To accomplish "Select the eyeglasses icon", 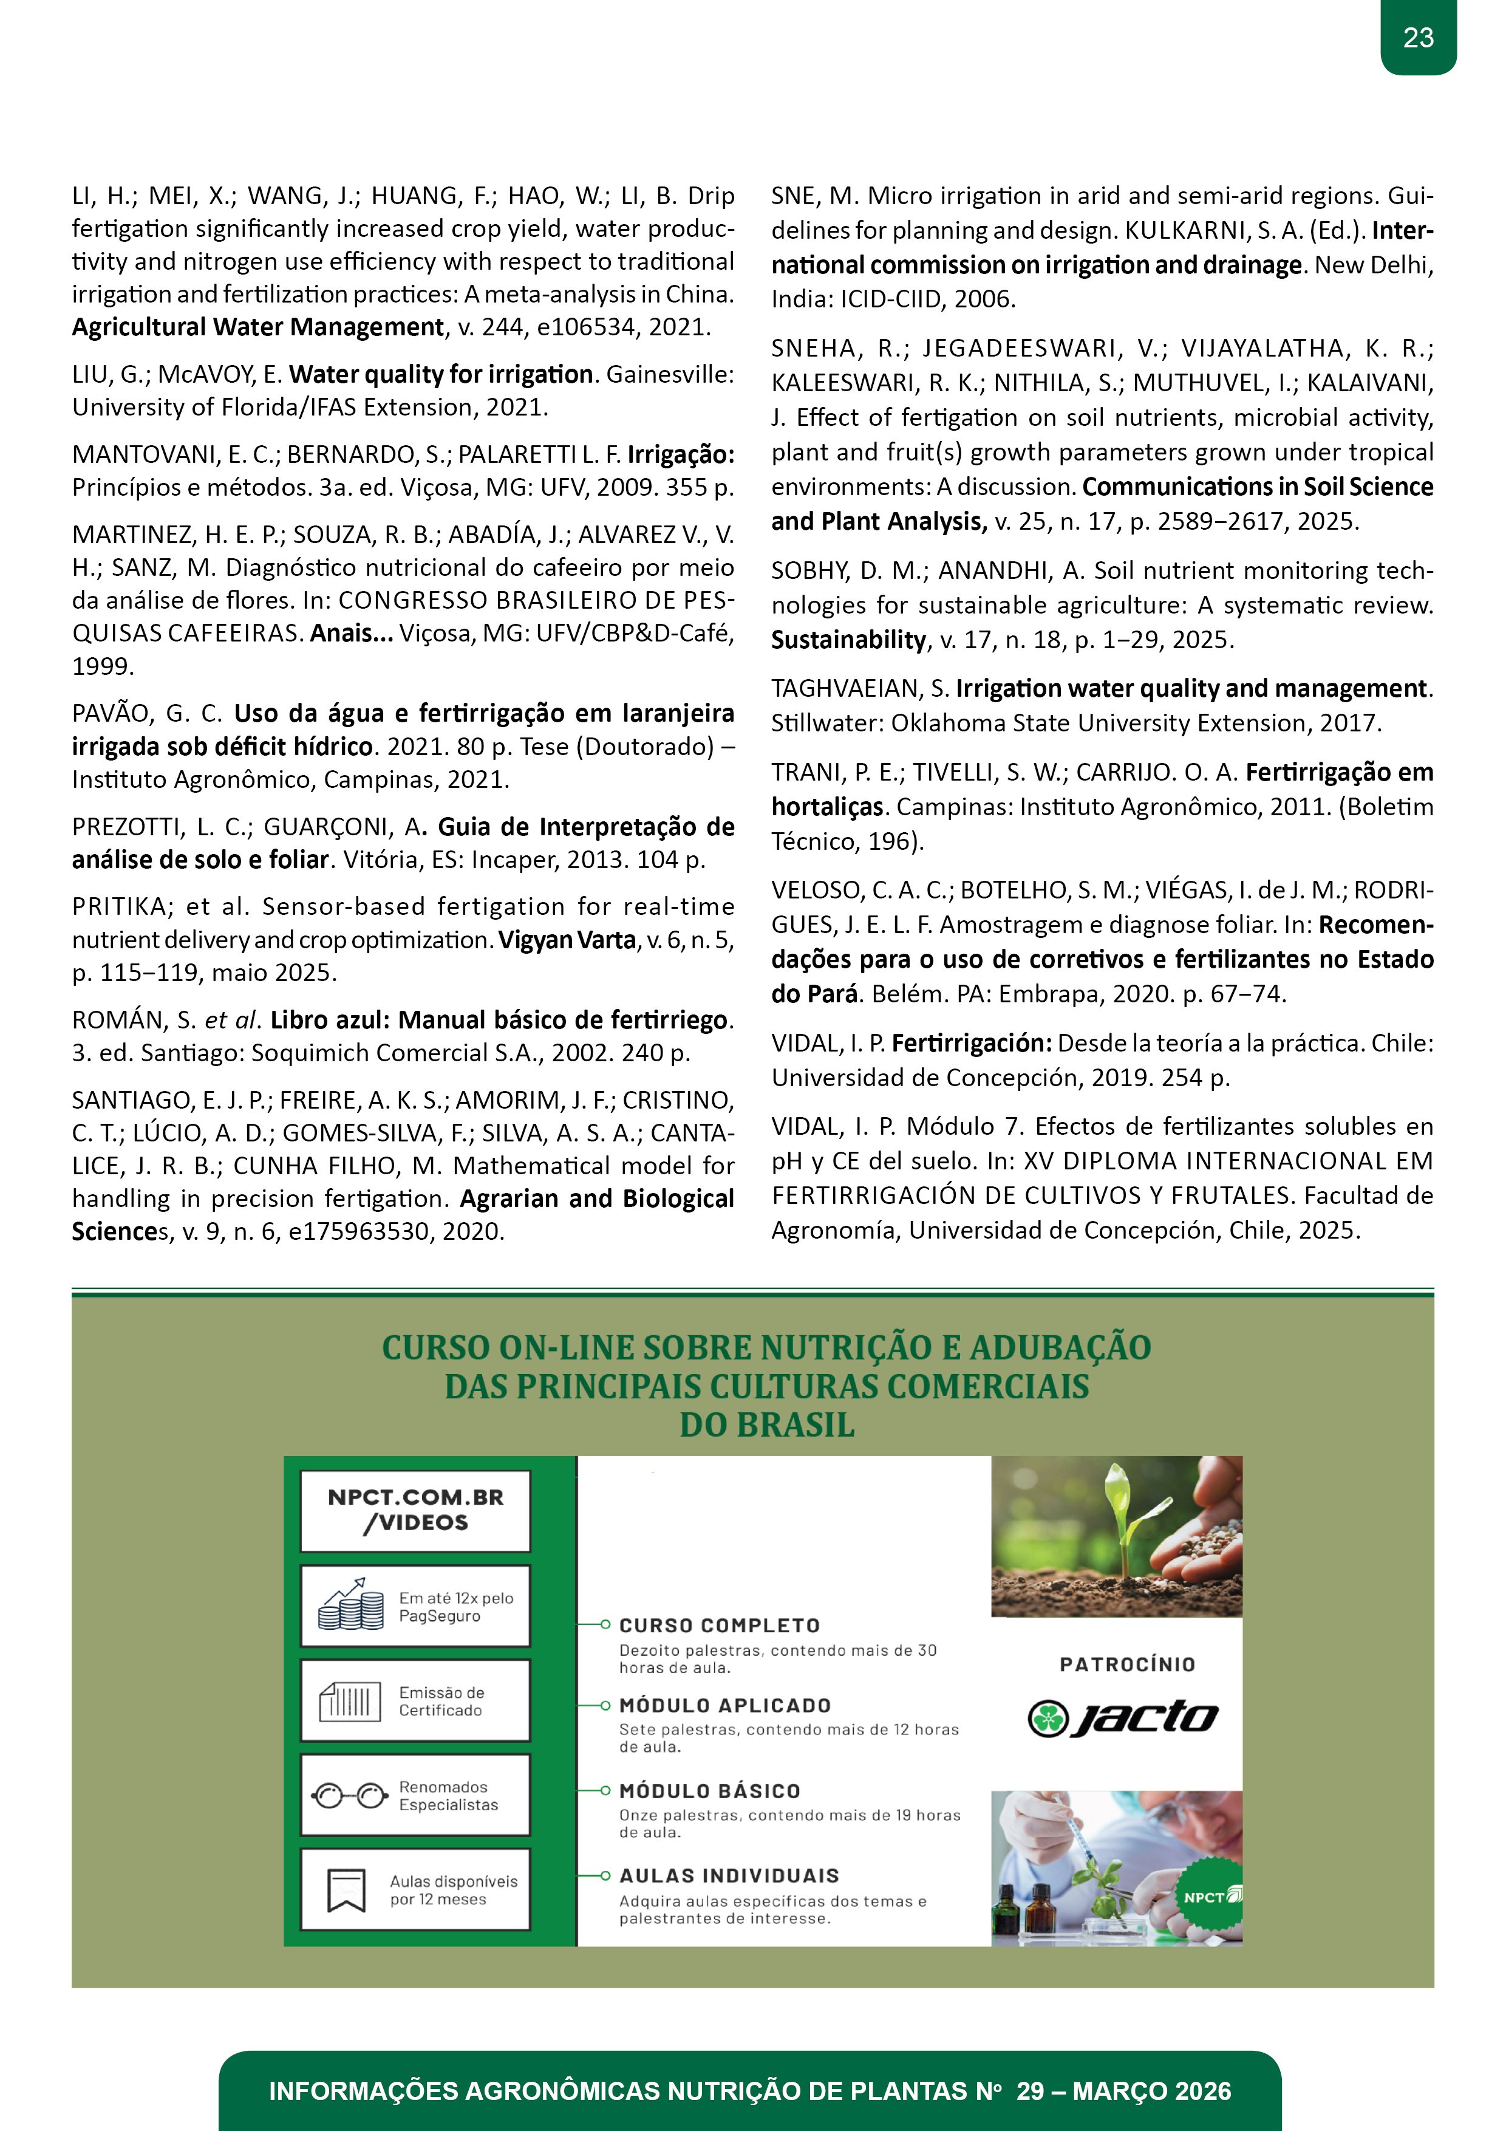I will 349,1796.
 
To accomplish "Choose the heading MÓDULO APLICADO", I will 724,1706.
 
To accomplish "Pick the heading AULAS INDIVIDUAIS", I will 729,1876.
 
